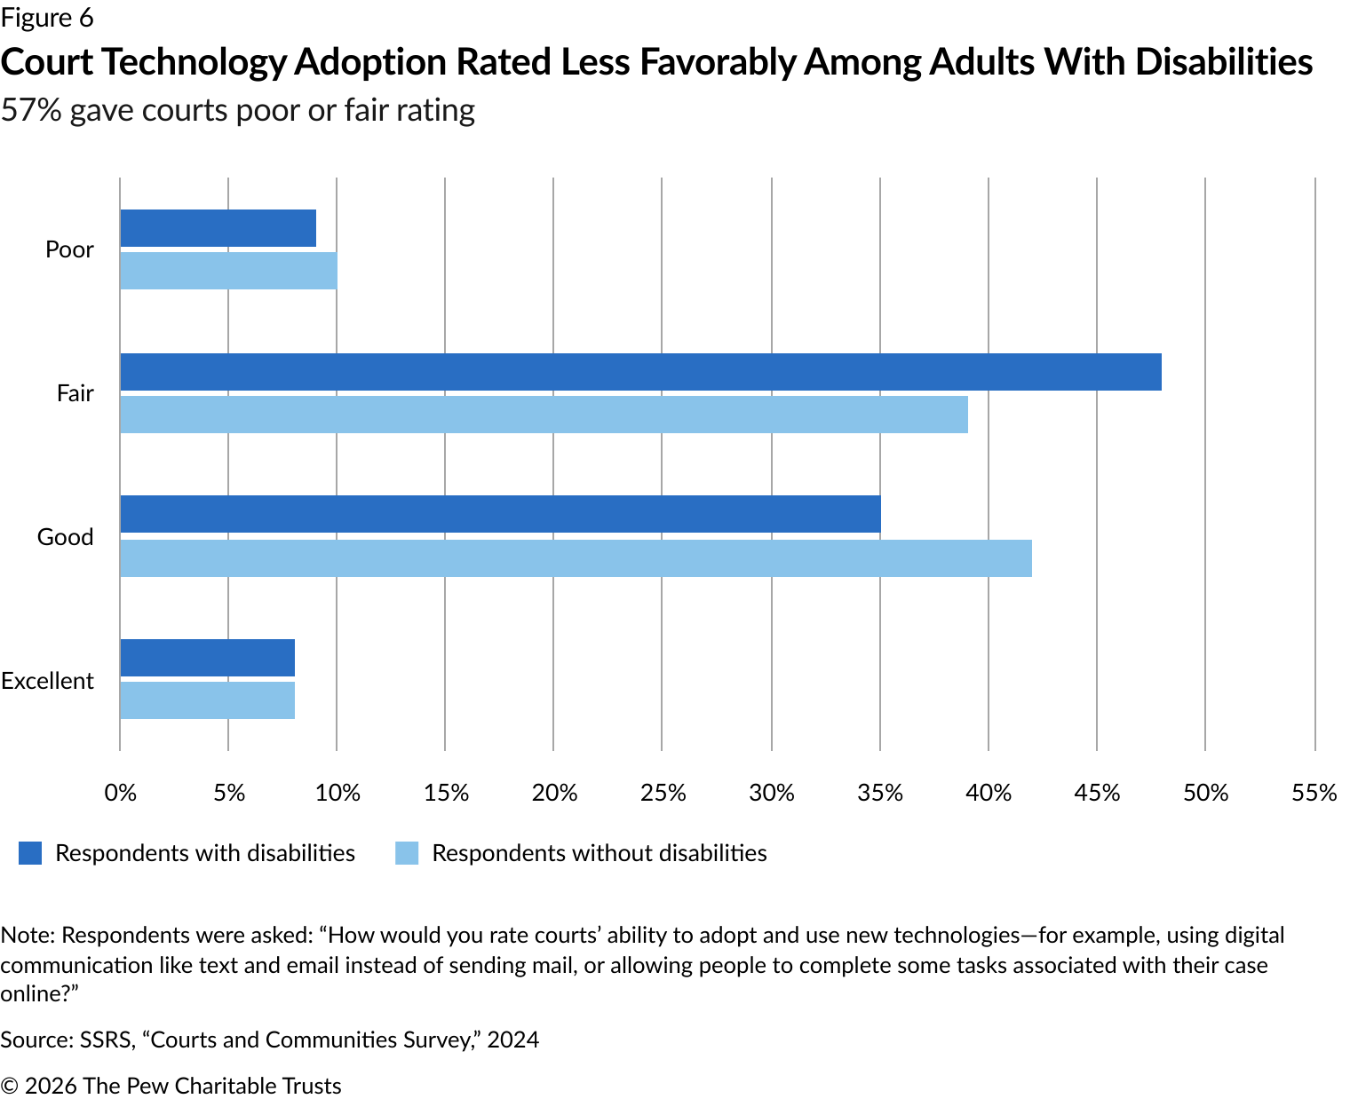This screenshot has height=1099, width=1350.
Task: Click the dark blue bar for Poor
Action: click(x=218, y=228)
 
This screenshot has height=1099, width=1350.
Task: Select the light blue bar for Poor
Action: click(x=228, y=271)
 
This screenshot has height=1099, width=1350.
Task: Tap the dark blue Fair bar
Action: click(x=640, y=372)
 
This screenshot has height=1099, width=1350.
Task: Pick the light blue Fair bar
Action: click(x=544, y=415)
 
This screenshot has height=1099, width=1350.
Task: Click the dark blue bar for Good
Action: click(x=500, y=514)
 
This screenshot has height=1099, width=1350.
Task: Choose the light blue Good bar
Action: click(x=576, y=558)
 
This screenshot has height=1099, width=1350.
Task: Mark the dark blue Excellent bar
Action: click(x=207, y=658)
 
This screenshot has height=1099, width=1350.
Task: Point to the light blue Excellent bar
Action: click(x=207, y=700)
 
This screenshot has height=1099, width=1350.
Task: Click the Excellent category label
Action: click(x=47, y=681)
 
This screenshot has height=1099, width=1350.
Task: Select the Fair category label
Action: click(x=75, y=393)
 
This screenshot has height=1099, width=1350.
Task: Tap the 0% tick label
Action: click(x=121, y=793)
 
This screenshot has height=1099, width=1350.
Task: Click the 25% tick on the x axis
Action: click(x=663, y=793)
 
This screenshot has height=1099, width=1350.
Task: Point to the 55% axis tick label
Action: click(x=1314, y=793)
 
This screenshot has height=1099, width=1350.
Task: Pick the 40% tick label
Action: click(x=989, y=793)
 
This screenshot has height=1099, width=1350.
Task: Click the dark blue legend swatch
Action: click(x=30, y=853)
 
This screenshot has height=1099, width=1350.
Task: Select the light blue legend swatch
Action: click(x=407, y=853)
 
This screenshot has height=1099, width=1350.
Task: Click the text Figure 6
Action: click(x=47, y=18)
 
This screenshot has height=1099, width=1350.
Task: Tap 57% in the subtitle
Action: click(x=31, y=110)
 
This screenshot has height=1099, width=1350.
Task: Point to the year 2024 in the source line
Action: click(x=512, y=1040)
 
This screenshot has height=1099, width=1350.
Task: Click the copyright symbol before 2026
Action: click(x=10, y=1087)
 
